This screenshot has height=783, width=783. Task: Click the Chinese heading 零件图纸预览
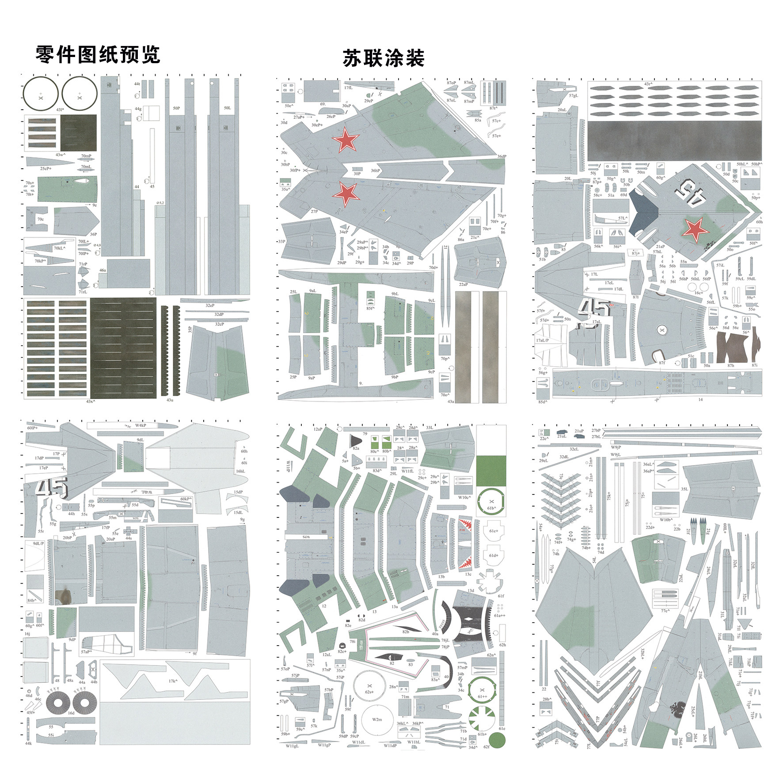click(98, 55)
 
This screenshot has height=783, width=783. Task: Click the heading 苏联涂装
click(383, 58)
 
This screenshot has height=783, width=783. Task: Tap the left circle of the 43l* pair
click(41, 94)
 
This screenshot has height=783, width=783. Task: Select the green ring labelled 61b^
click(491, 502)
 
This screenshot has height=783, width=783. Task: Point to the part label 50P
click(176, 108)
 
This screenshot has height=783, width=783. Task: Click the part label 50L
click(227, 108)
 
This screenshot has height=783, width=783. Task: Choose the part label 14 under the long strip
click(700, 399)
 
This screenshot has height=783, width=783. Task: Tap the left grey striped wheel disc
click(58, 703)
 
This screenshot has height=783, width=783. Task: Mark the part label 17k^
click(173, 681)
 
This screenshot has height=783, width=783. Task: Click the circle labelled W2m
click(376, 719)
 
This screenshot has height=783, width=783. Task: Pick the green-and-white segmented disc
click(481, 718)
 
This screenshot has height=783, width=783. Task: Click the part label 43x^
click(91, 401)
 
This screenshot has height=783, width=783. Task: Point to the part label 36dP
click(502, 156)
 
